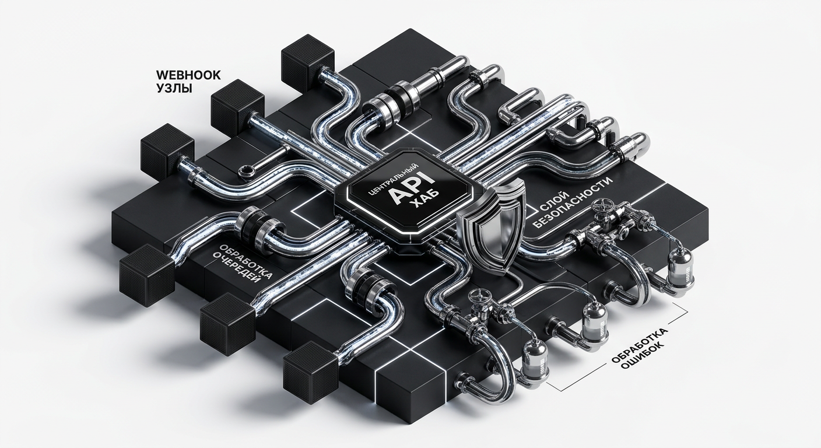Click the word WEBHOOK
pos(188,75)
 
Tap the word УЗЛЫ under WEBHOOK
pos(174,88)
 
